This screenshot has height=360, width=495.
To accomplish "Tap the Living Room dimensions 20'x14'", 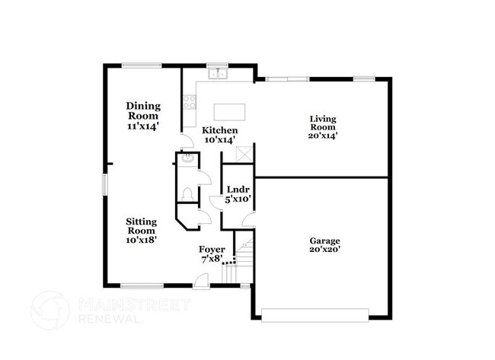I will (x=323, y=135).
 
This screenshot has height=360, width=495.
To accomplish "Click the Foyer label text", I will (x=211, y=249).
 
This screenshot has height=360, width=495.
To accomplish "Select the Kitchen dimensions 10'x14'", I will (x=220, y=140).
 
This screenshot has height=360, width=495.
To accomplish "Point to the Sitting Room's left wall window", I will (x=104, y=186).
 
